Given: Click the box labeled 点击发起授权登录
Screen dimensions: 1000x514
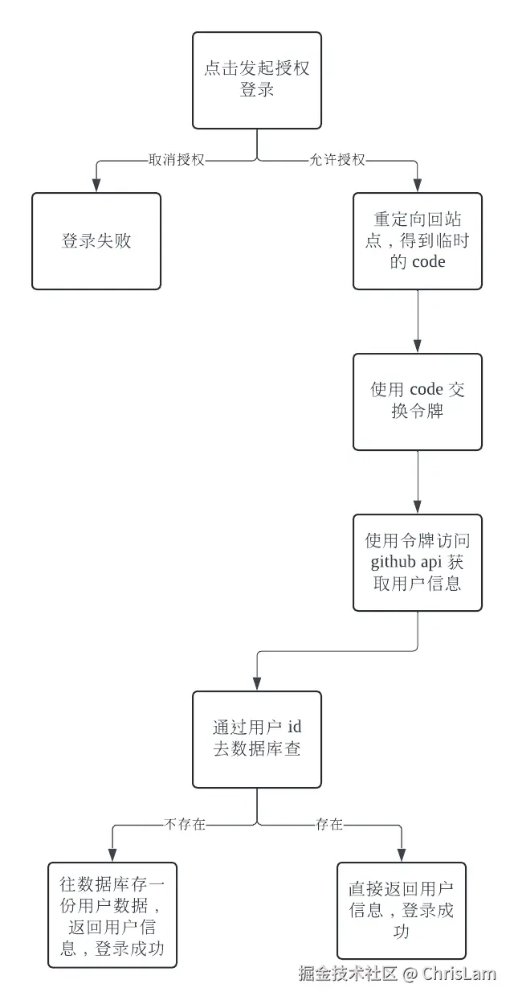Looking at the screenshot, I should point(257,80).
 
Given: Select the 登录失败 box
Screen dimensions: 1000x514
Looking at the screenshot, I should point(96,241).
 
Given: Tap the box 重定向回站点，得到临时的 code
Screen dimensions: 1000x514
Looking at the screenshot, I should point(418,241).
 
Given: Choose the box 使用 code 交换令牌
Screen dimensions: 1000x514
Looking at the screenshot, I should point(418,401).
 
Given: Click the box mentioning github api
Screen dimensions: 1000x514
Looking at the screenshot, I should point(418,562).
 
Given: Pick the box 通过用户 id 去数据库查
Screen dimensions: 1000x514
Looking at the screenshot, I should point(257,739).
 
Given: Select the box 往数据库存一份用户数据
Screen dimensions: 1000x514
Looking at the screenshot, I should point(112,916).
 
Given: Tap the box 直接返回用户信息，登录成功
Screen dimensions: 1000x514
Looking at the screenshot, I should point(402,911).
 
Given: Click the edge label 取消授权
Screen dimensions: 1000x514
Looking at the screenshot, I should point(177,160).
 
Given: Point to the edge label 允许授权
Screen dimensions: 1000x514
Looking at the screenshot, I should point(337,160).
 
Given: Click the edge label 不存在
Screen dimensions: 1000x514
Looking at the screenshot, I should point(186,824).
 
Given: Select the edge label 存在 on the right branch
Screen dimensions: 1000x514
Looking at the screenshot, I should point(329,824).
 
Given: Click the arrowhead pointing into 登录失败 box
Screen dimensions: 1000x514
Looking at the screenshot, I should point(96,186).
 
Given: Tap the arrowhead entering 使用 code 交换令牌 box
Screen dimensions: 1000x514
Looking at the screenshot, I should point(418,347).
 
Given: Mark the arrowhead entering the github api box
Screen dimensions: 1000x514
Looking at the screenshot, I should point(418,508).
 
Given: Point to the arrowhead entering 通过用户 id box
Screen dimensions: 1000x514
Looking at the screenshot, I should point(257,685).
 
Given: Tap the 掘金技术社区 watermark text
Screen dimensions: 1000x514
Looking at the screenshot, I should point(348,974).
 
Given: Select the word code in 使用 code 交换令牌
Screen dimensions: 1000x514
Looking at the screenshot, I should point(426,390).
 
